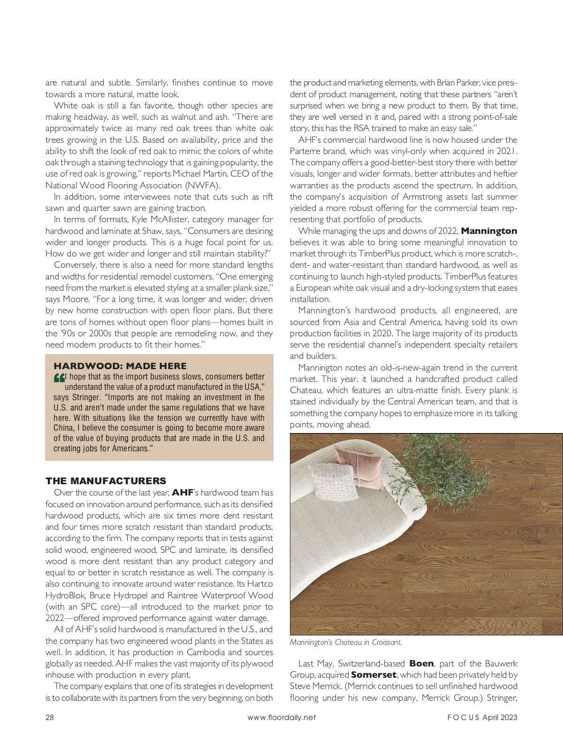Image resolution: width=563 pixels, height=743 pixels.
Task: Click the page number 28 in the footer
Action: coord(50,717)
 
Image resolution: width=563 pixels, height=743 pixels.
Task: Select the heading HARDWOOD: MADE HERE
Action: coord(120,366)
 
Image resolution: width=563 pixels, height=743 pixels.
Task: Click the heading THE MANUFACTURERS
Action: coord(106,480)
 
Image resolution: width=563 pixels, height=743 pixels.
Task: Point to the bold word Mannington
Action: coord(489,231)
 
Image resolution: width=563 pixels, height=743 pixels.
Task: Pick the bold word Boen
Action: coord(421,664)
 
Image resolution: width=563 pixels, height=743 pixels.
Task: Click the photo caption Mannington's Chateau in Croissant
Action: coord(346,642)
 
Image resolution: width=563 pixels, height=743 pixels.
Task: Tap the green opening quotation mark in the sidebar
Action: coord(60,378)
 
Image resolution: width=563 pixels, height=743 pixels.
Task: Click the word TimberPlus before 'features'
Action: coord(464,277)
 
